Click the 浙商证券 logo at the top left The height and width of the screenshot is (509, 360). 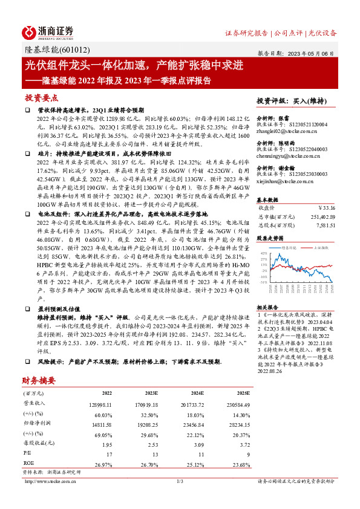tap(48, 32)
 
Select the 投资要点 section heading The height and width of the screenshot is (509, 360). tap(41, 97)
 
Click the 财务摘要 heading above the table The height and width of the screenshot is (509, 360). tap(39, 381)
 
